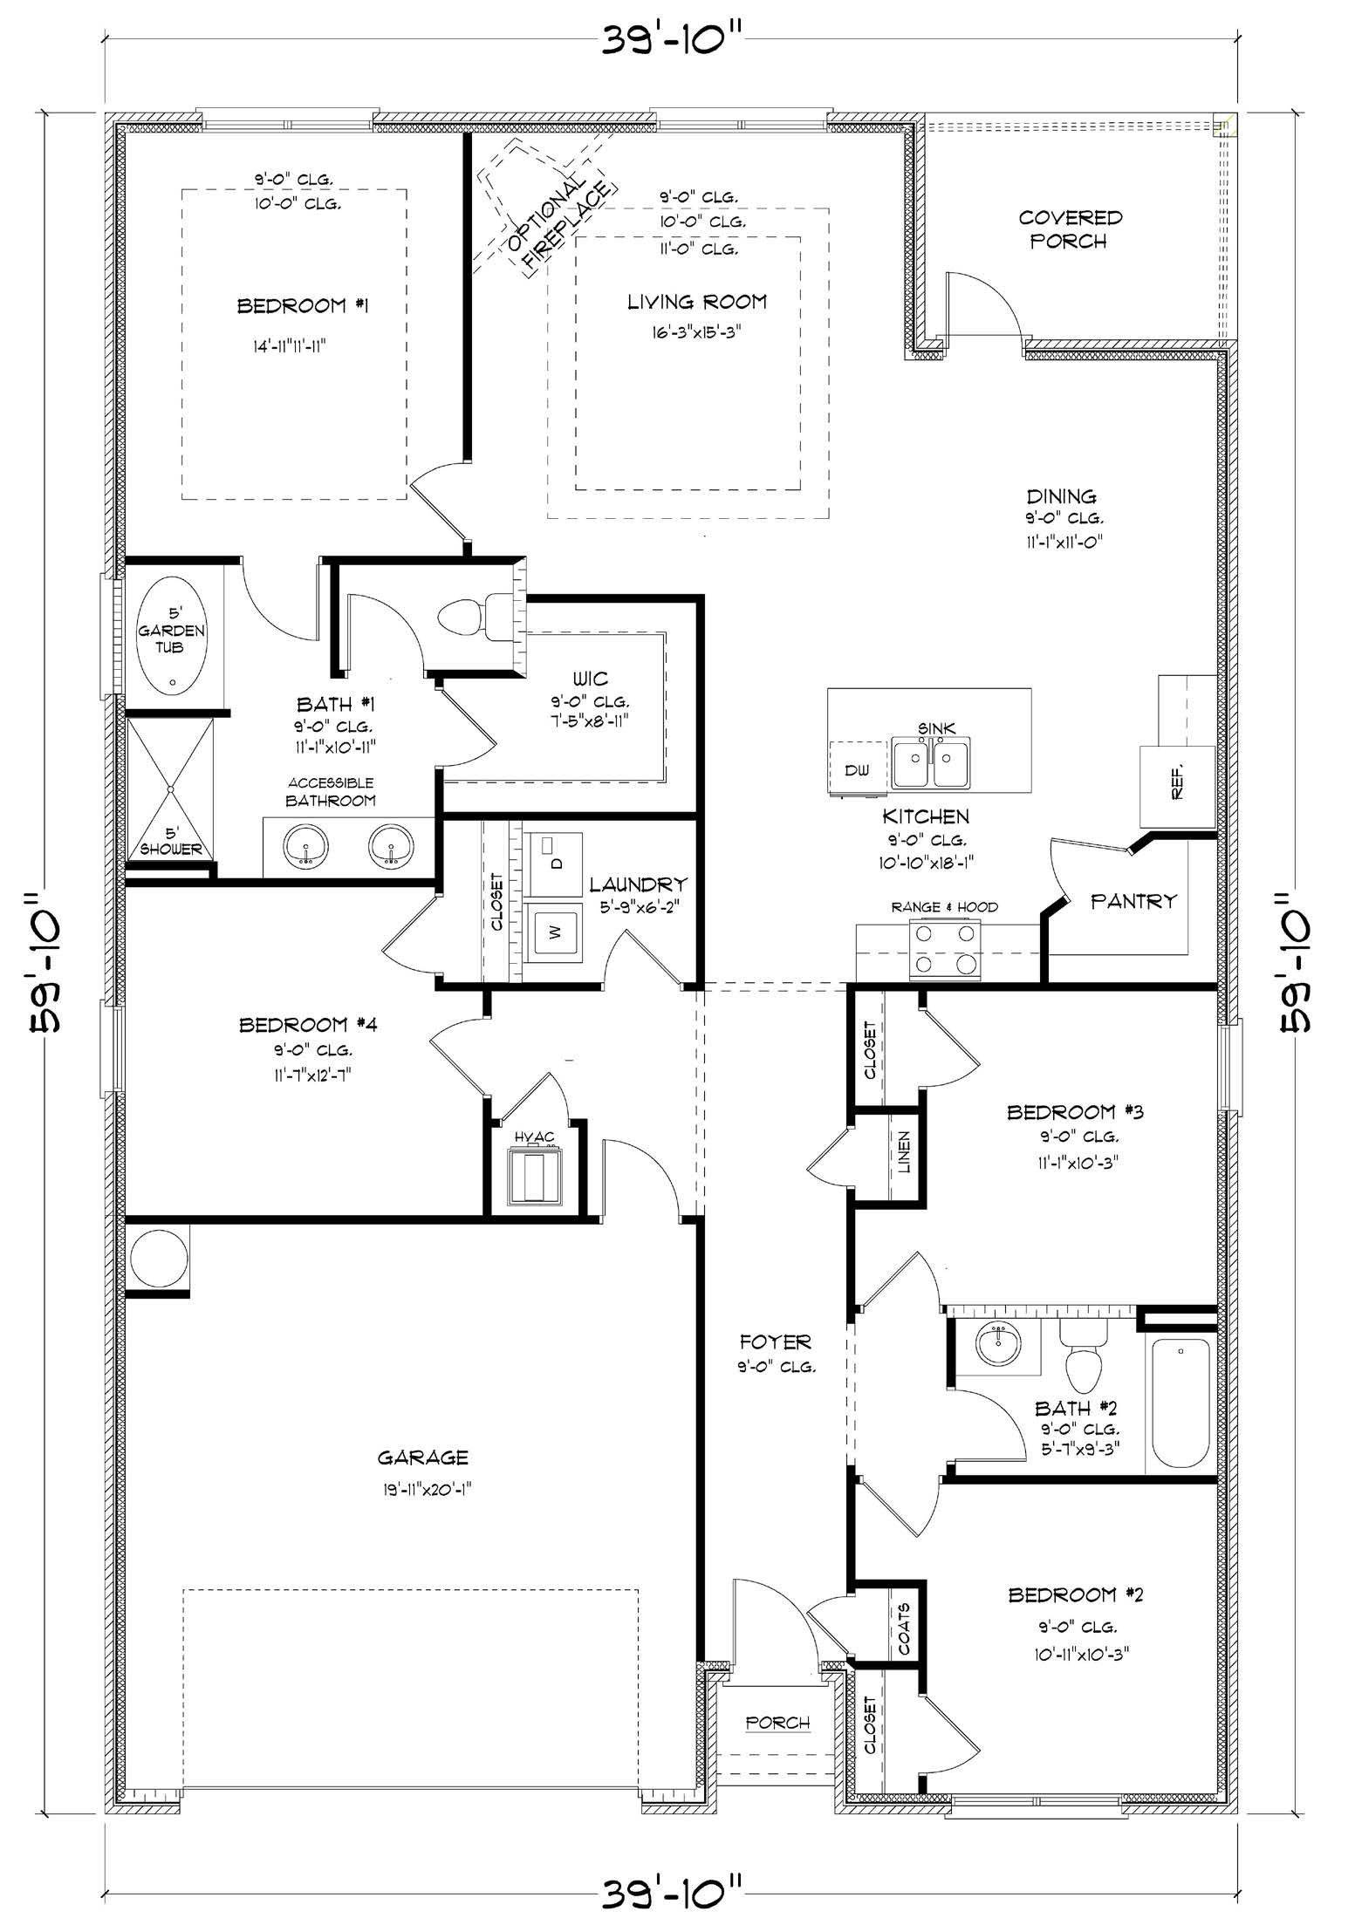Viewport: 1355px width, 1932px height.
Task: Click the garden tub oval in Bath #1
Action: tap(172, 638)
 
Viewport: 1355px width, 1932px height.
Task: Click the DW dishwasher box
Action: tap(857, 769)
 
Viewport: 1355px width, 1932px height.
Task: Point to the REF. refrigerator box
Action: tap(1177, 786)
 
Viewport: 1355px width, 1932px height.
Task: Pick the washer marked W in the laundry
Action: tap(553, 932)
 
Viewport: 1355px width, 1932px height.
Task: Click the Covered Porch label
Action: tap(1070, 229)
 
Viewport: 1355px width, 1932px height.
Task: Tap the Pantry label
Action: tap(1133, 901)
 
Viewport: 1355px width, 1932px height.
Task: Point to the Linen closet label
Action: tap(904, 1152)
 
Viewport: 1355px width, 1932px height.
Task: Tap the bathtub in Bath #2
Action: tap(1180, 1403)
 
